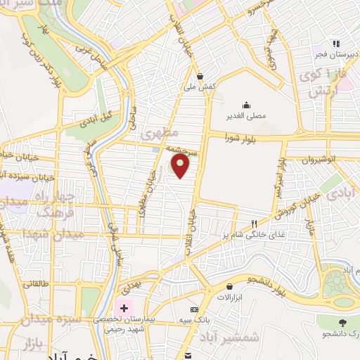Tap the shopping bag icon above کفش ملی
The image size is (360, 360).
pos(200,77)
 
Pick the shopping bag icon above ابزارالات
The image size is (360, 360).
pos(230,286)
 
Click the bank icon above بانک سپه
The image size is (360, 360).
pos(194,309)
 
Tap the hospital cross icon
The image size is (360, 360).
pos(125,308)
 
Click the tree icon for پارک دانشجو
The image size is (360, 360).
pos(342,322)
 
